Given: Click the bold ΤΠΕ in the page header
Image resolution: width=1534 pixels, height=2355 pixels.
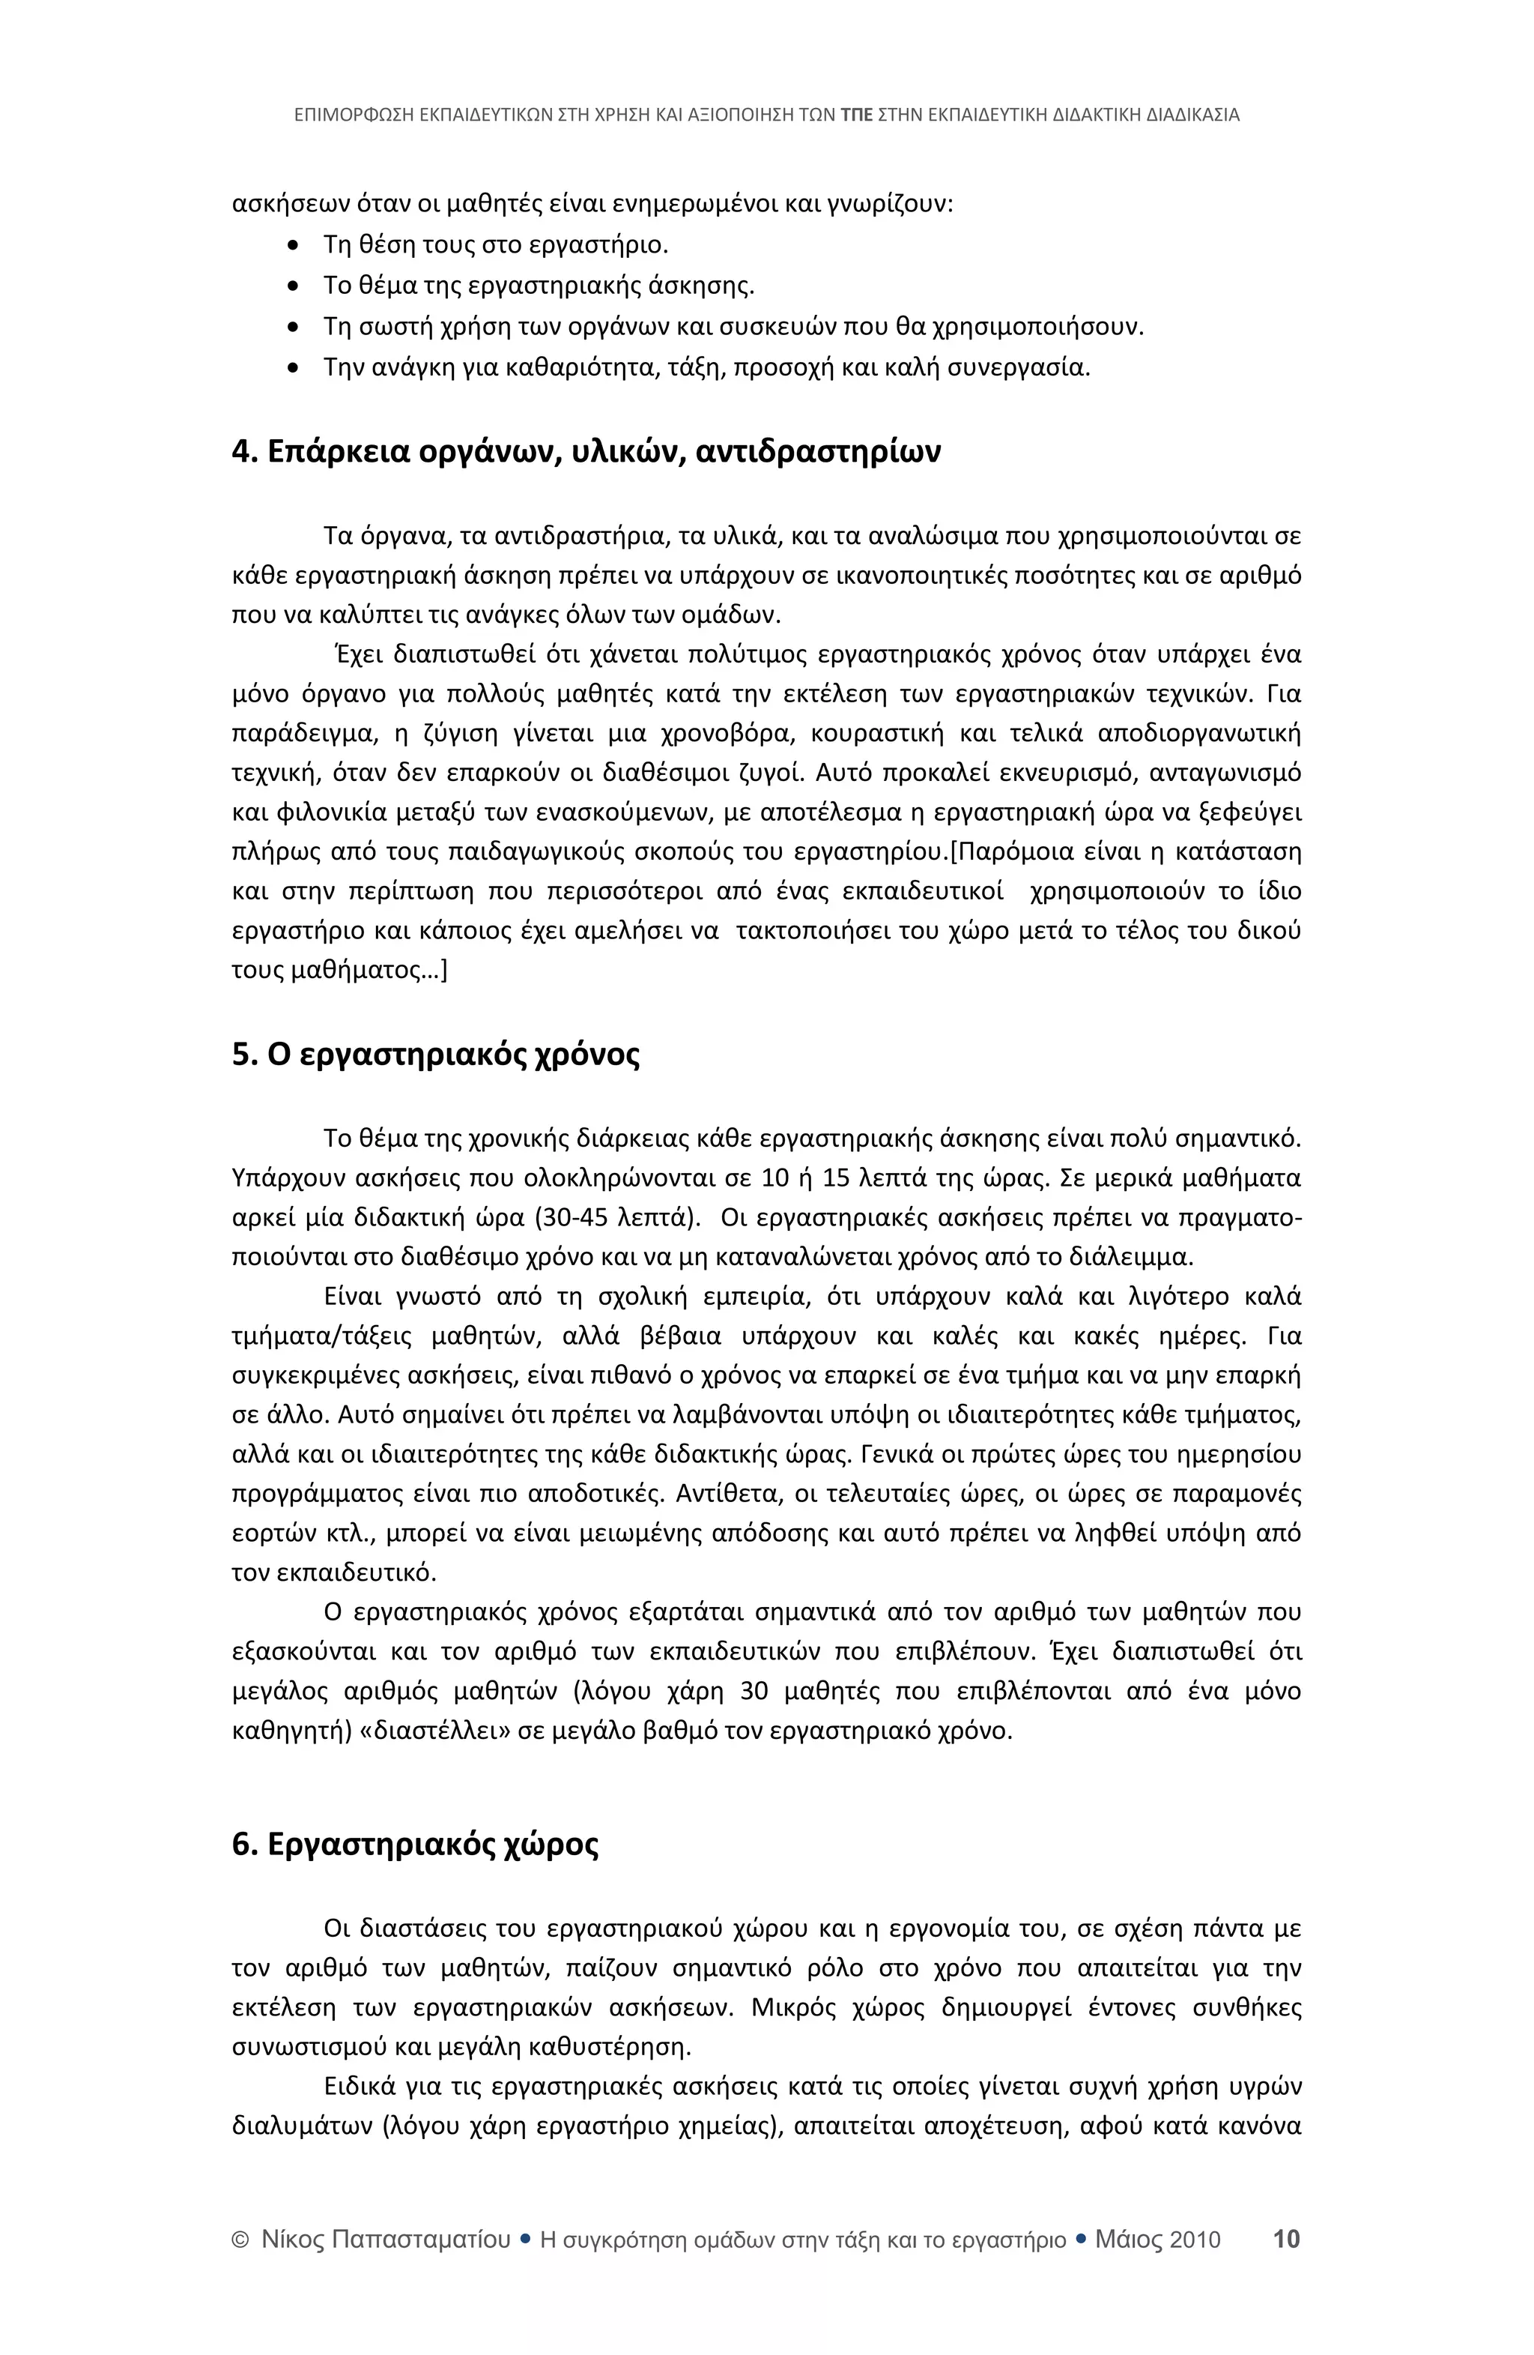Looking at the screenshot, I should click(855, 115).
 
